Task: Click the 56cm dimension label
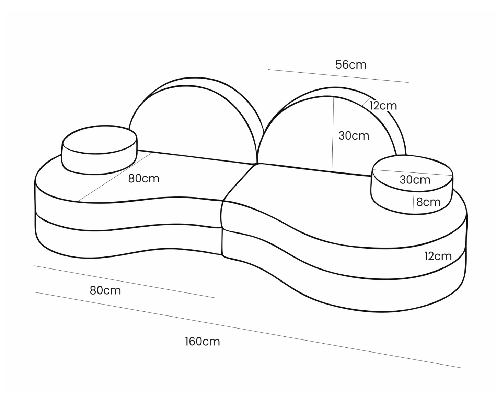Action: [x=350, y=64]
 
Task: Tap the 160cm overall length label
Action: [x=202, y=342]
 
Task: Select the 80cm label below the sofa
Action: [x=105, y=290]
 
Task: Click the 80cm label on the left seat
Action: [x=143, y=179]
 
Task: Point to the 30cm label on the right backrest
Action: [x=354, y=136]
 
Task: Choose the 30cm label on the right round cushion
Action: [x=415, y=180]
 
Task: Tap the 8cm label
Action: [x=428, y=202]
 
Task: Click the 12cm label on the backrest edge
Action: [x=383, y=106]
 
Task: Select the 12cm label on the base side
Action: [x=438, y=256]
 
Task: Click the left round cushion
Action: [x=99, y=149]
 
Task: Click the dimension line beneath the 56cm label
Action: [x=338, y=76]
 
